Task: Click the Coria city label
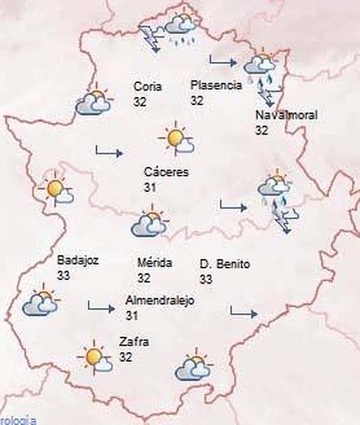[148, 86]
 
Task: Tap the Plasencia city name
[215, 85]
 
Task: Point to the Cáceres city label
[167, 172]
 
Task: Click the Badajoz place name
[77, 260]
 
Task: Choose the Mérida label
[154, 263]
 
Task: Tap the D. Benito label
[225, 263]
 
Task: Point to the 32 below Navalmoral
[262, 130]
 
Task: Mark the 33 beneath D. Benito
[206, 279]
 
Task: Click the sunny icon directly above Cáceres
[177, 138]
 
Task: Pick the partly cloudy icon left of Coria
[93, 103]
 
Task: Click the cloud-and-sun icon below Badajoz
[40, 303]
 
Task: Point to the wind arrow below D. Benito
[243, 312]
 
